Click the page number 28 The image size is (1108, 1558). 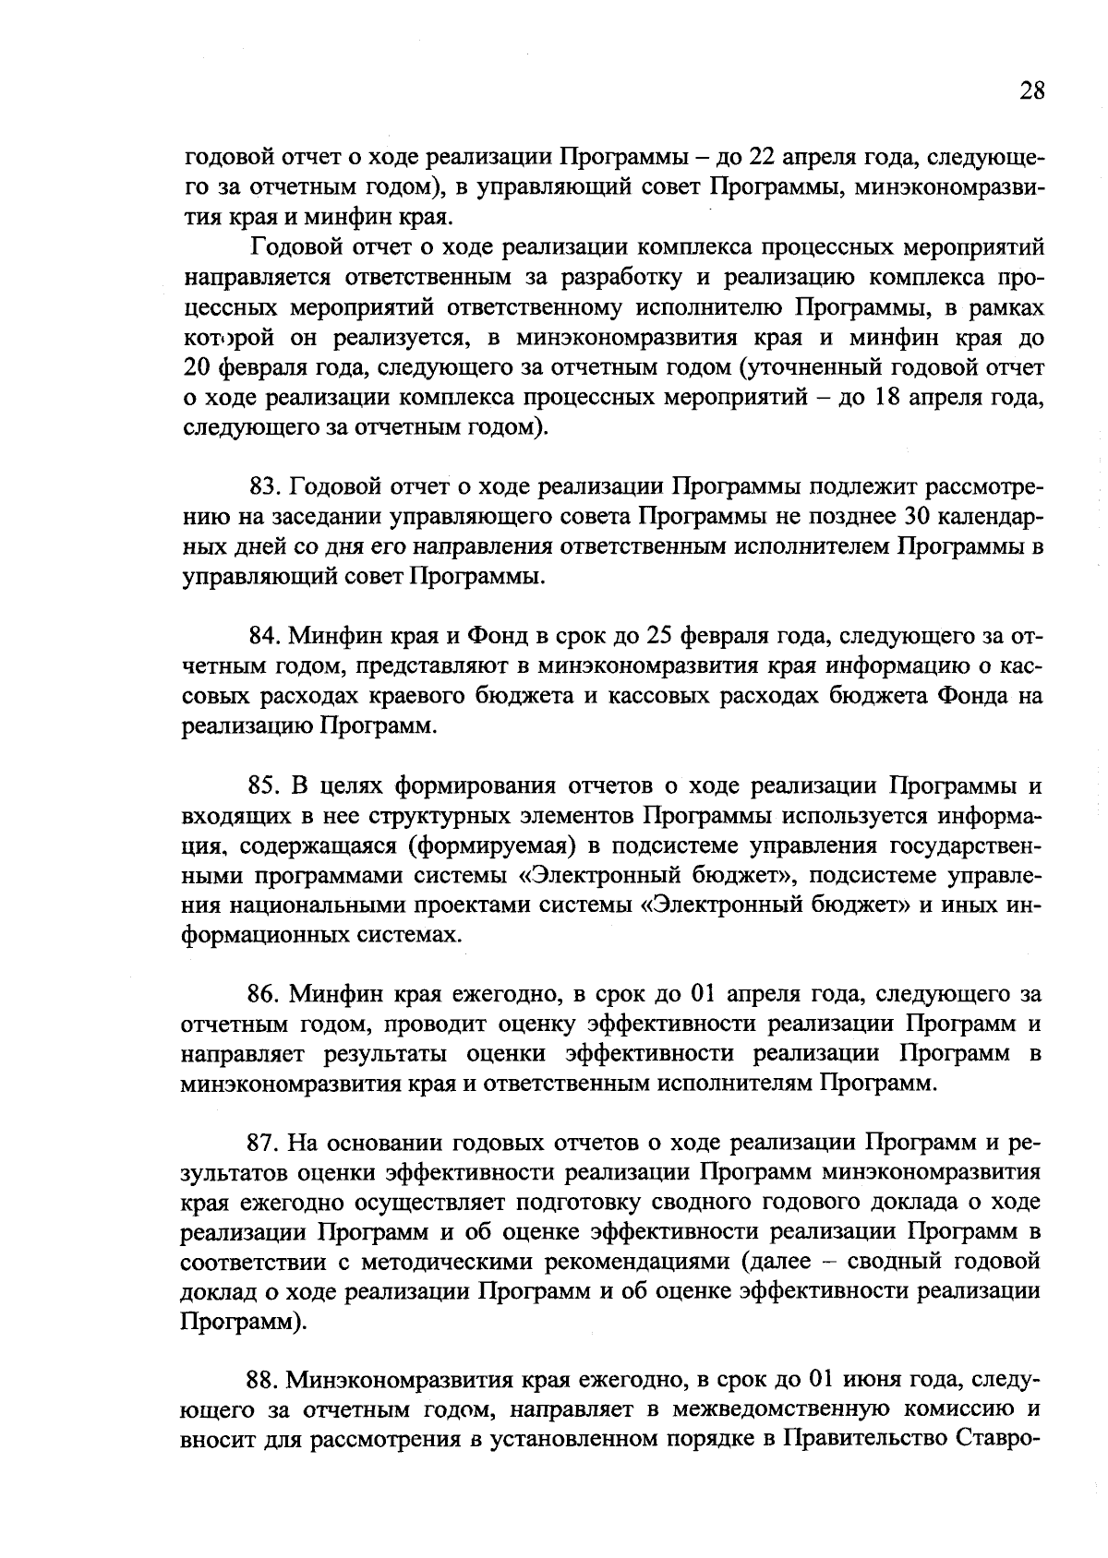pyautogui.click(x=1032, y=90)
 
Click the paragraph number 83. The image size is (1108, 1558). pyautogui.click(x=264, y=486)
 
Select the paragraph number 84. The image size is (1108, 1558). pyautogui.click(x=264, y=636)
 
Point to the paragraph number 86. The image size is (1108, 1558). pyautogui.click(x=264, y=994)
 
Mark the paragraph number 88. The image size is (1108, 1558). pyautogui.click(x=264, y=1381)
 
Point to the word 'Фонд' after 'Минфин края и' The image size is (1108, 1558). pyautogui.click(x=499, y=636)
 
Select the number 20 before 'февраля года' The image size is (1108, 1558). pyautogui.click(x=199, y=368)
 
